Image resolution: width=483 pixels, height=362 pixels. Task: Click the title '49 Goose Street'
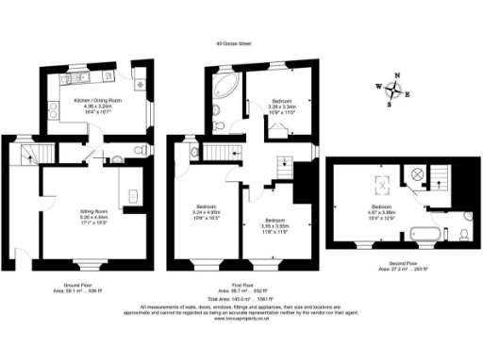pyautogui.click(x=234, y=41)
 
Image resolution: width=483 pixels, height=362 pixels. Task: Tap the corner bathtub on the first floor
pyautogui.click(x=224, y=91)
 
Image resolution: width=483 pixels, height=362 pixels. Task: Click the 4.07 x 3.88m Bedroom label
pyautogui.click(x=383, y=210)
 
